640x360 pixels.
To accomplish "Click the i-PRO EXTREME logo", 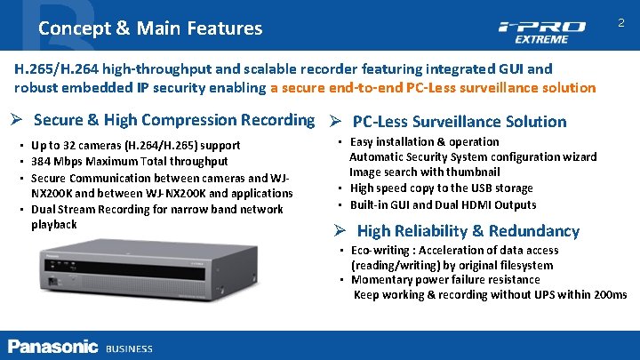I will tap(541, 31).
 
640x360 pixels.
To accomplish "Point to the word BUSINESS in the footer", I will tap(129, 348).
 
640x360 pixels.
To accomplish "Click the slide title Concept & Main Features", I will tap(150, 28).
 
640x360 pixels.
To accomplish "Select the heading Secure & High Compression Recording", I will tap(173, 119).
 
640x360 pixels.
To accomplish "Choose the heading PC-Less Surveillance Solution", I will tap(459, 122).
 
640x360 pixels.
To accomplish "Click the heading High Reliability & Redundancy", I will tap(468, 231).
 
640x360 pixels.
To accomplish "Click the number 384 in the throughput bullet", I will tap(42, 161).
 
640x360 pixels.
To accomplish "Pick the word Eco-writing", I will tap(382, 251).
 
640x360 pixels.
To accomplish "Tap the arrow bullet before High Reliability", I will tap(340, 231).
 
